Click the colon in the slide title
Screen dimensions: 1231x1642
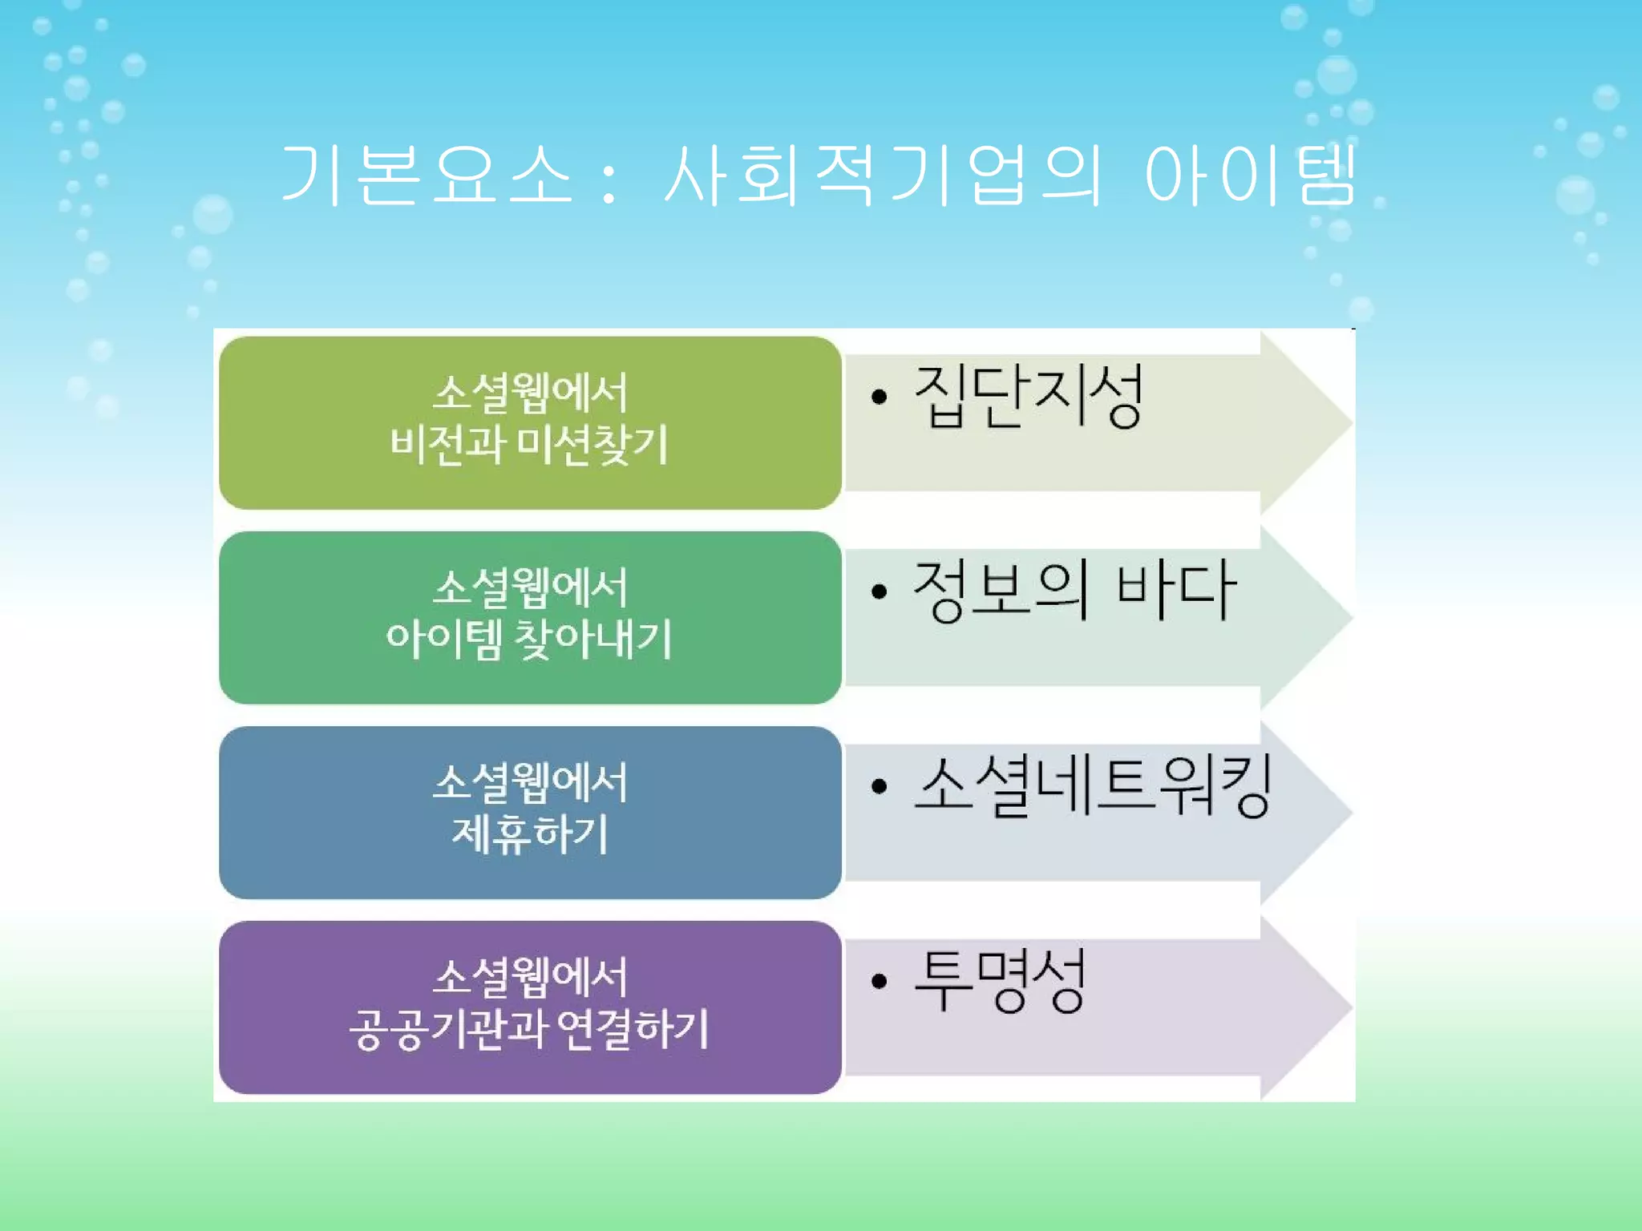click(609, 180)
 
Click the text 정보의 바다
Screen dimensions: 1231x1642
click(1074, 591)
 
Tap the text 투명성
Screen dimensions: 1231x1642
click(1000, 980)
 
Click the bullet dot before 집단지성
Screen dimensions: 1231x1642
click(880, 397)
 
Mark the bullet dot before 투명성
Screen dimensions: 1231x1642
click(880, 981)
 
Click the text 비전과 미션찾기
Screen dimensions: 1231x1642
click(529, 446)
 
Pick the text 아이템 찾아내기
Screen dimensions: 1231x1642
click(529, 640)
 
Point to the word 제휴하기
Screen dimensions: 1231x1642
click(530, 834)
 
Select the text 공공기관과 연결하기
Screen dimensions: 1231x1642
click(530, 1029)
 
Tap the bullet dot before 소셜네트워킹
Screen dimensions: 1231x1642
click(880, 786)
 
